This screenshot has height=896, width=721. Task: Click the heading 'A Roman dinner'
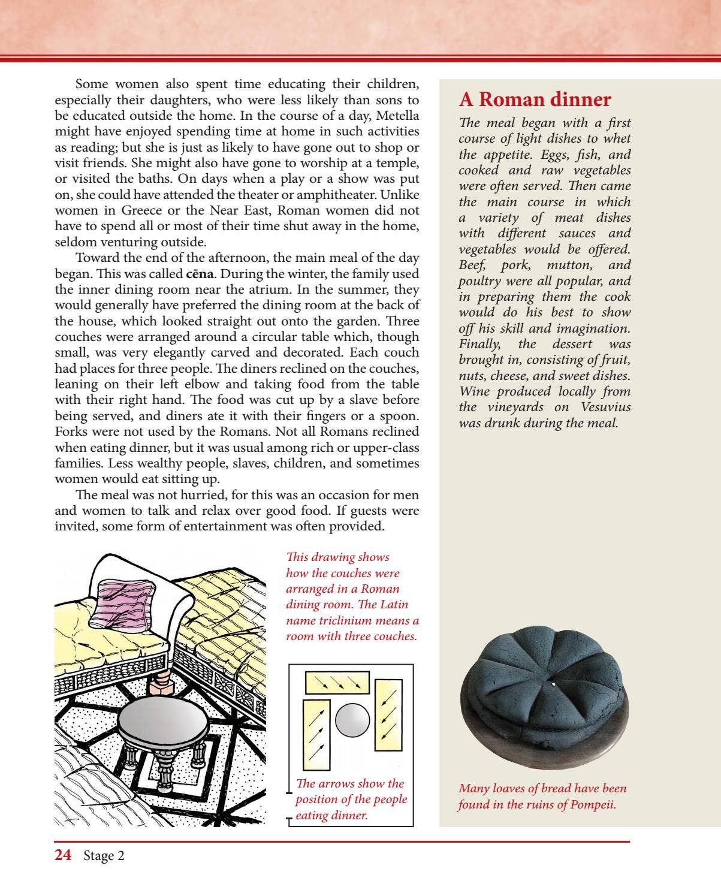(x=535, y=99)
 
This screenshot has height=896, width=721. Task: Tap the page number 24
(x=63, y=855)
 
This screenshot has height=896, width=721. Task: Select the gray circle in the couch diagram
(x=352, y=720)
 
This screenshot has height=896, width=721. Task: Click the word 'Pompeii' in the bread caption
(x=591, y=804)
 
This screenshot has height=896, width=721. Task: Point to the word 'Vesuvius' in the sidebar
(x=605, y=407)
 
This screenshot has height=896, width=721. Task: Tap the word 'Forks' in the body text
(x=71, y=432)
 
